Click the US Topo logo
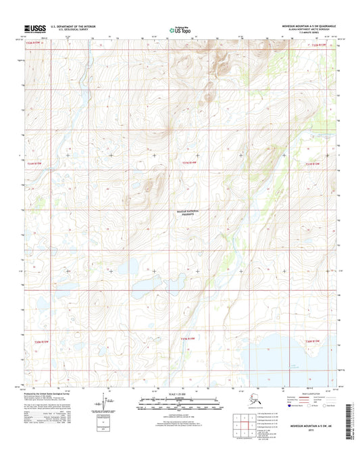click(x=180, y=29)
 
